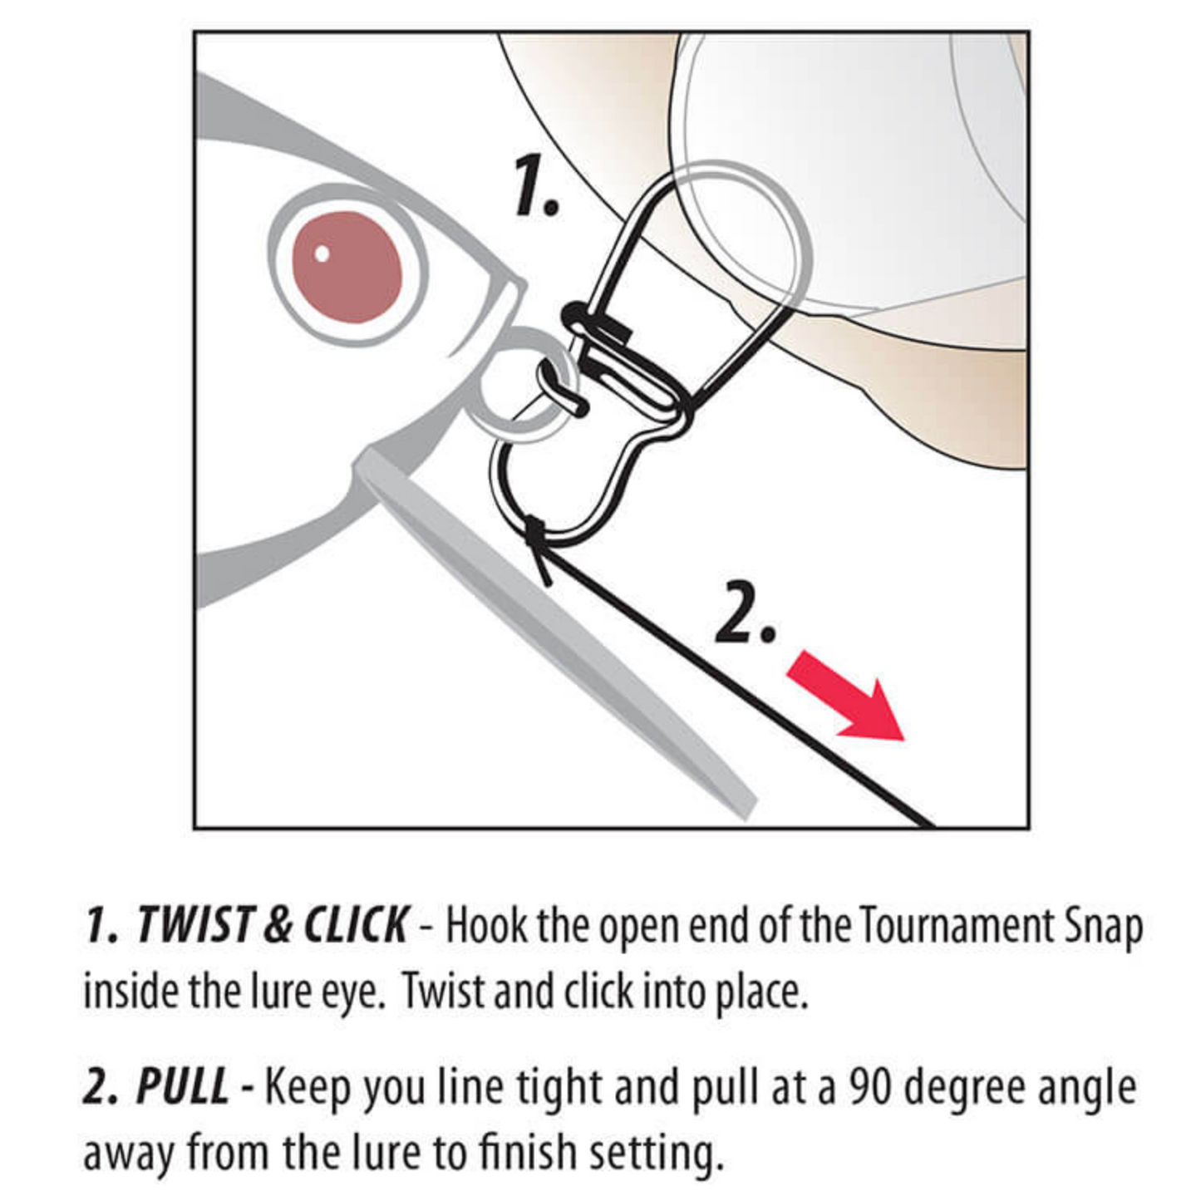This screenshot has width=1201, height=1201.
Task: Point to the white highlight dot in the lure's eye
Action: pyautogui.click(x=322, y=253)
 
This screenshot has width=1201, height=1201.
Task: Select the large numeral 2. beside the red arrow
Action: pyautogui.click(x=745, y=613)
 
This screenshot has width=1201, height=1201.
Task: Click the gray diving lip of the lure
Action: pyautogui.click(x=554, y=629)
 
